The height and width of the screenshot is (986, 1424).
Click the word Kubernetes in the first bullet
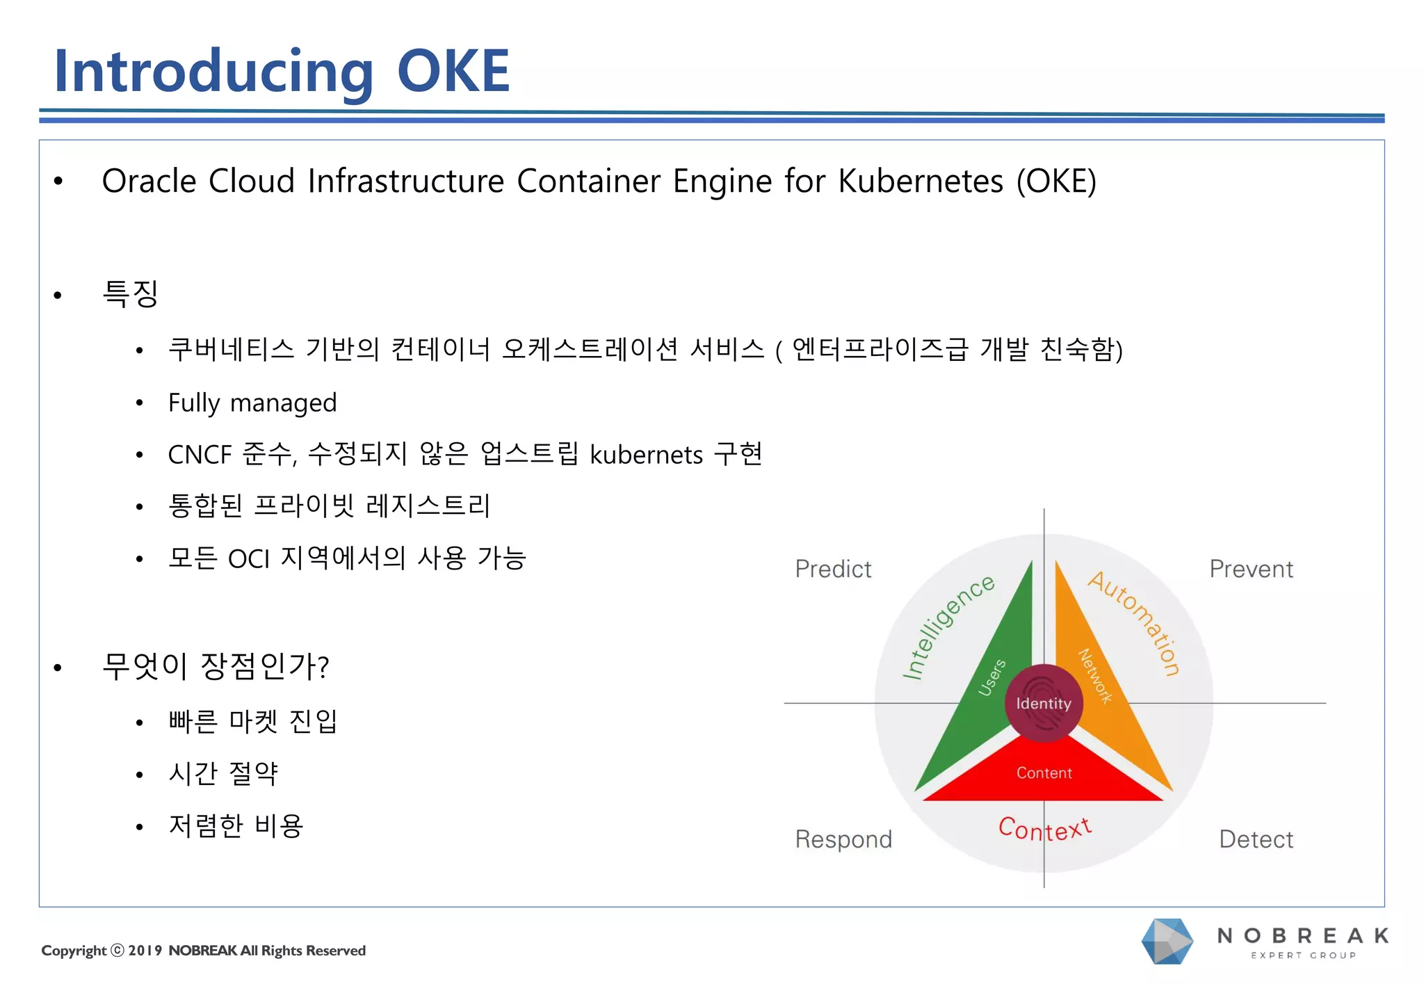click(920, 181)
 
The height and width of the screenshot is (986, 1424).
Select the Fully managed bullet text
click(252, 403)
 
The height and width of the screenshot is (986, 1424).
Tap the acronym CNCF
click(200, 455)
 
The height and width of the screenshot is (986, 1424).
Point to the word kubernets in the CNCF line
click(647, 455)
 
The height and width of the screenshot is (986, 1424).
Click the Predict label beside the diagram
click(832, 569)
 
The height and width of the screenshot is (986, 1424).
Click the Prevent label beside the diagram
click(1251, 569)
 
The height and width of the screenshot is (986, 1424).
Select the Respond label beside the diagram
click(843, 839)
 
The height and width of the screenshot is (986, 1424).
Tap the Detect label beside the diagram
click(1256, 839)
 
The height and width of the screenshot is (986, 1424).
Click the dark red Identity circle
click(1043, 704)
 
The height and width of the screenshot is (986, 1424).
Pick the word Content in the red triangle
click(1044, 773)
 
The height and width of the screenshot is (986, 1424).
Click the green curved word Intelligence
click(947, 627)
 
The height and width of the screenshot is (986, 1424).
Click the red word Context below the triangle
click(1044, 829)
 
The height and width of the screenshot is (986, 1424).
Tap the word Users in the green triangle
click(992, 677)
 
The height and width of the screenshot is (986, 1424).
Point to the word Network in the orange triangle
click(1095, 676)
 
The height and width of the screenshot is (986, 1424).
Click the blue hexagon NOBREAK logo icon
click(1167, 941)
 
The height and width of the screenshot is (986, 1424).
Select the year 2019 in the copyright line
click(145, 951)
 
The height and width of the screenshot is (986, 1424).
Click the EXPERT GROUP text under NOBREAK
click(1303, 955)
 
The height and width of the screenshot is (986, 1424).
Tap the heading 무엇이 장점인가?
click(215, 666)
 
